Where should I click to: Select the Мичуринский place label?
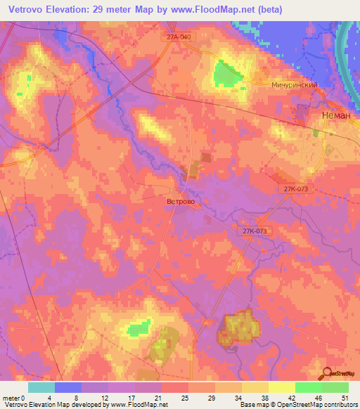click(x=295, y=84)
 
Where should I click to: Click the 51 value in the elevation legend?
click(x=343, y=396)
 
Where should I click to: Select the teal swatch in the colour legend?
click(x=41, y=387)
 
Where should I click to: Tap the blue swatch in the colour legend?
click(x=68, y=387)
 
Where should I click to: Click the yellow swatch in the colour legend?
click(x=282, y=387)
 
